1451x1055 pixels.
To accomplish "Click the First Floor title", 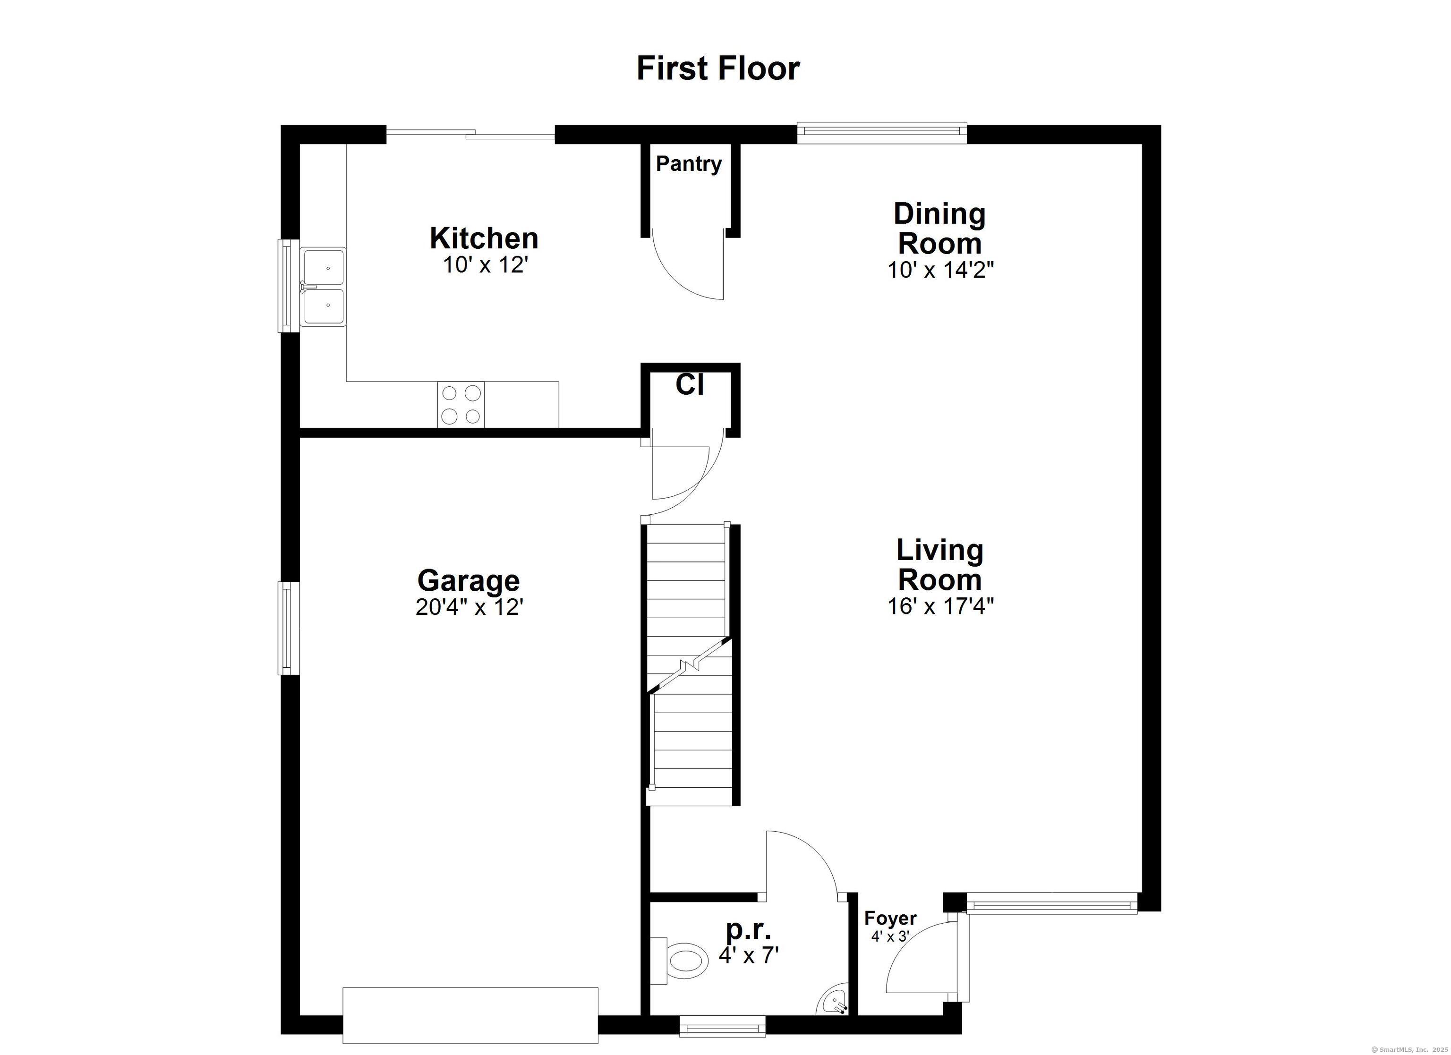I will tap(718, 68).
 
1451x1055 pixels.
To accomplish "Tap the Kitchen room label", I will tap(484, 238).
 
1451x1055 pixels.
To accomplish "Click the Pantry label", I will tap(688, 164).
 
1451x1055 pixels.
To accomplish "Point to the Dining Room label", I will tap(939, 229).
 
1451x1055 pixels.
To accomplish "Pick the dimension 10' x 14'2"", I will tap(940, 270).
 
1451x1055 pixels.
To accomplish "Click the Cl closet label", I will tap(690, 385).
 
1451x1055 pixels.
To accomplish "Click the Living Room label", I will tap(939, 564).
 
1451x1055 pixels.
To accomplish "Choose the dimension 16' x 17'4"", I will tap(940, 606).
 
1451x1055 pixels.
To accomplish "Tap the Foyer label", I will tap(890, 918).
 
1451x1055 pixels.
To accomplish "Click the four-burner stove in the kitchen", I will tap(461, 404).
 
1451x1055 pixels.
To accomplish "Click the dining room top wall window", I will tap(881, 132).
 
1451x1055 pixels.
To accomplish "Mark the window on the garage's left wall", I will tap(288, 628).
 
